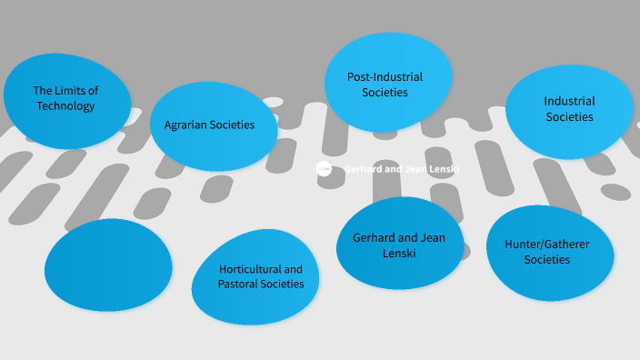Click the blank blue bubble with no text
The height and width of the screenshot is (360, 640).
click(107, 265)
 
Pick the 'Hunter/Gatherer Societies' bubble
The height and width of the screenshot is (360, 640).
click(548, 252)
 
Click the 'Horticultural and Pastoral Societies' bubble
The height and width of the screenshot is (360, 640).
click(259, 277)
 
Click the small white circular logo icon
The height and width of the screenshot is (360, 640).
click(324, 168)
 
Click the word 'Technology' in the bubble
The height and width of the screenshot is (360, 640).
click(65, 106)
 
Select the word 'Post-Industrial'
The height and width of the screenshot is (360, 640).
click(385, 76)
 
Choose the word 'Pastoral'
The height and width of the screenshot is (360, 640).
click(240, 285)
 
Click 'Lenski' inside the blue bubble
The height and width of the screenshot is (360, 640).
click(400, 254)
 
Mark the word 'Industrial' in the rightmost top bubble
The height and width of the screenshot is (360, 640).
click(570, 101)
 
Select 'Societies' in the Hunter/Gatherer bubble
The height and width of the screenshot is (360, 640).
click(547, 260)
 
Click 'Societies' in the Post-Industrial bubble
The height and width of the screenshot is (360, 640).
click(385, 92)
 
